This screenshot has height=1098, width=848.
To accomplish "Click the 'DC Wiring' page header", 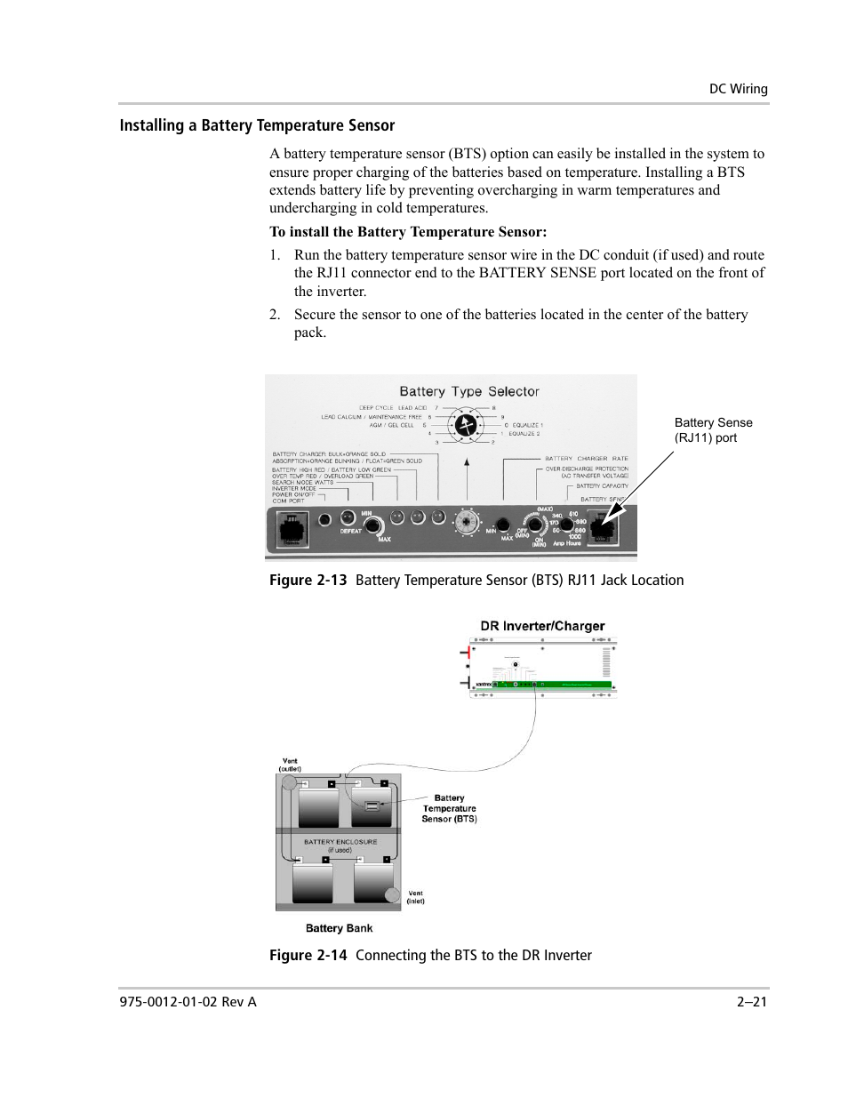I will [738, 89].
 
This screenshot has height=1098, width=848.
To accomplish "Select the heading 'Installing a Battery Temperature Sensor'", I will [257, 125].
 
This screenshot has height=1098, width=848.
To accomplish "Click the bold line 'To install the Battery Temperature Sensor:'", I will [408, 232].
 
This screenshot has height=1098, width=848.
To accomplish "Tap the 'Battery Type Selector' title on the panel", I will [468, 391].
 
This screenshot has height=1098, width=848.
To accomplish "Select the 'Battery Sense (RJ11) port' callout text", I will [713, 430].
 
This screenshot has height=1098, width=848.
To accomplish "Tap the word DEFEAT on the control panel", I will [352, 532].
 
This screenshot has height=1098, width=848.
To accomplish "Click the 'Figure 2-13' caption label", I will [308, 581].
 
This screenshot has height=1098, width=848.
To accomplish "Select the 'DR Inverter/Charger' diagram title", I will [542, 626].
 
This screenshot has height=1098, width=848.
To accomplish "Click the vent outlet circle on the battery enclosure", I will [289, 783].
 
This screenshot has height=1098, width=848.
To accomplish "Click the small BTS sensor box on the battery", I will [372, 806].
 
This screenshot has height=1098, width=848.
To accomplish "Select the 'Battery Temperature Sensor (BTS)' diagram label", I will [449, 808].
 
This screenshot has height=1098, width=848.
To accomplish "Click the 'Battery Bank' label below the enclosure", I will [339, 928].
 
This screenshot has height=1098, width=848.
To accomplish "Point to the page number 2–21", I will [751, 1002].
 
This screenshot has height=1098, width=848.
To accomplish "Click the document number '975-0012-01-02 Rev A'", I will [188, 1002].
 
